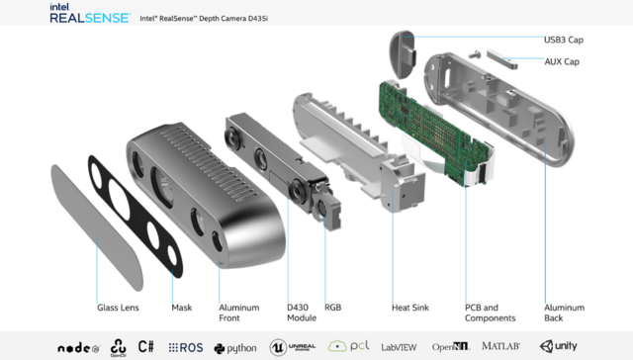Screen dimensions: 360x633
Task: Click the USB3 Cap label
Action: click(x=563, y=41)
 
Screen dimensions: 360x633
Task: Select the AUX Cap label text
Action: click(x=562, y=61)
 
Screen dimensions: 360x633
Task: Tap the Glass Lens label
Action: click(x=118, y=308)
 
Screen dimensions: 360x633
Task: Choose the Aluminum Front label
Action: click(x=238, y=313)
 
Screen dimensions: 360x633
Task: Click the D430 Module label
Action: click(x=302, y=313)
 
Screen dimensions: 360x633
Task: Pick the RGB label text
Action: click(x=333, y=308)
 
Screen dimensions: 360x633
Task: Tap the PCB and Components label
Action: click(x=490, y=313)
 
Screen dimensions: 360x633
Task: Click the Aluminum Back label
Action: click(x=564, y=313)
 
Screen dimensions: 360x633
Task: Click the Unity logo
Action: click(x=559, y=346)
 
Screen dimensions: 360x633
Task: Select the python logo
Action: click(x=234, y=347)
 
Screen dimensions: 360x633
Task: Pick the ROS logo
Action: click(x=186, y=347)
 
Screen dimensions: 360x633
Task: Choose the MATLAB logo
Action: click(x=500, y=346)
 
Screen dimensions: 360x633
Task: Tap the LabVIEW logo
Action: click(x=399, y=346)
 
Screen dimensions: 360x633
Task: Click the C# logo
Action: click(x=146, y=346)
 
